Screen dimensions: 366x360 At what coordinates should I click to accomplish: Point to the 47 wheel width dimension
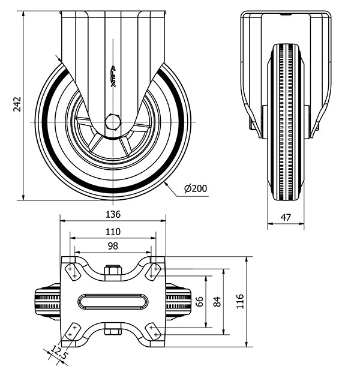point(286,217)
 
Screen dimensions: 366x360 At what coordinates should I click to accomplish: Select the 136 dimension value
point(113,214)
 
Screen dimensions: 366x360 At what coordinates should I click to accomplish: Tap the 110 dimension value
point(113,231)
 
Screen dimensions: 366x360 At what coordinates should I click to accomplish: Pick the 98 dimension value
point(113,247)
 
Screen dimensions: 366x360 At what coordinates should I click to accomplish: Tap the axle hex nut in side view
point(112,122)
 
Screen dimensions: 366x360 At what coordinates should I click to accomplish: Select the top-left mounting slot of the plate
point(72,270)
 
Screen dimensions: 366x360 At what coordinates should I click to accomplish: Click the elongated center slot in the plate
point(113,301)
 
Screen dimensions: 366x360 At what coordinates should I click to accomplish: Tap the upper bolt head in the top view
point(112,272)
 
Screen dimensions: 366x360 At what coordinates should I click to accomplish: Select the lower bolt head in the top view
point(112,329)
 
